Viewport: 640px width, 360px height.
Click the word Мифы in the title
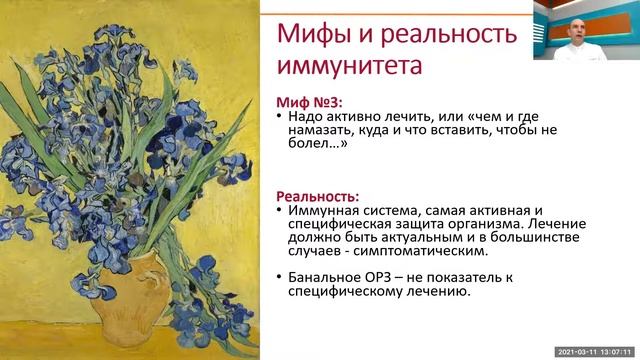pyautogui.click(x=308, y=35)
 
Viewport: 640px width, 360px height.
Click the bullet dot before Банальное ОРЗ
pyautogui.click(x=277, y=277)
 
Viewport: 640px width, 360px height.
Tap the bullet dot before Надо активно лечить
pyautogui.click(x=277, y=117)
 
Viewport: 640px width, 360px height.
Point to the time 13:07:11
pyautogui.click(x=617, y=353)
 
